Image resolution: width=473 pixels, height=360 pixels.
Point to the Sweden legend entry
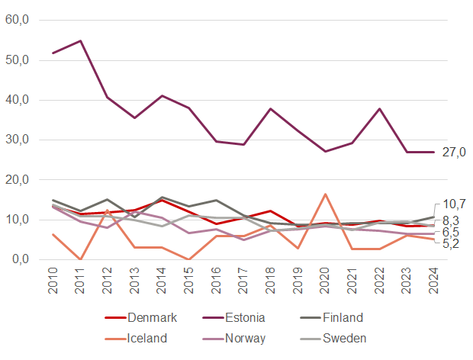point(343,338)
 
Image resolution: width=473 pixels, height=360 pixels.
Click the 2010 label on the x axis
point(53,282)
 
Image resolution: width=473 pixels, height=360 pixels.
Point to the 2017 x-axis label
point(243,282)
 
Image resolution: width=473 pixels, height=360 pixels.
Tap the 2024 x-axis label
point(433,282)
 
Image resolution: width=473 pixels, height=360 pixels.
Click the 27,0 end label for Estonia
point(453,153)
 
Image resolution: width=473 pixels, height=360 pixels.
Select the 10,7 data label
point(454,204)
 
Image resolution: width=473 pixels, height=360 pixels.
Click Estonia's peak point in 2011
point(80,40)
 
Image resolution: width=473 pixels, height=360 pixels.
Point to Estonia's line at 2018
point(270,108)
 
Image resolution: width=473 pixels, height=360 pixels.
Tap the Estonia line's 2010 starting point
point(53,53)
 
